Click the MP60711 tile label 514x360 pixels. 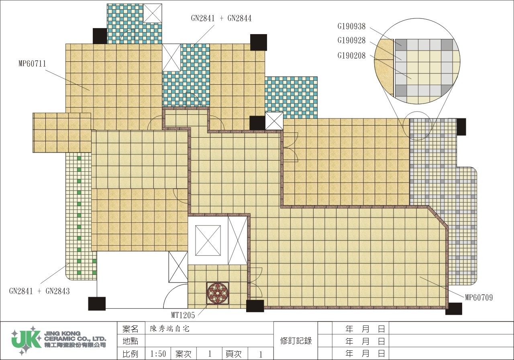(x=33, y=63)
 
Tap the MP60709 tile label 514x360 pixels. (x=479, y=297)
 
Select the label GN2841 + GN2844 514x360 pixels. (x=221, y=18)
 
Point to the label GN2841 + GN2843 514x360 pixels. (x=39, y=291)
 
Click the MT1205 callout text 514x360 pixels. (x=183, y=315)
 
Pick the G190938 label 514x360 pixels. (x=351, y=26)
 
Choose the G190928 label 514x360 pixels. (x=351, y=41)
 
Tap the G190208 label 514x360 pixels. (x=351, y=55)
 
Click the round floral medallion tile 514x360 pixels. (x=218, y=293)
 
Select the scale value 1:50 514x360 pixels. (x=158, y=354)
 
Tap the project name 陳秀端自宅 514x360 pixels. (x=169, y=329)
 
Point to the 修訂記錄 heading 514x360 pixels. (x=296, y=341)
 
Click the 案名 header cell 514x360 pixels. (x=131, y=329)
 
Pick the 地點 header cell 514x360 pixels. (x=131, y=341)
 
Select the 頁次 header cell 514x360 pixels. (x=234, y=354)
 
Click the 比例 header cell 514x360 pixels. (x=131, y=354)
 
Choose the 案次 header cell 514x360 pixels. (x=184, y=354)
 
